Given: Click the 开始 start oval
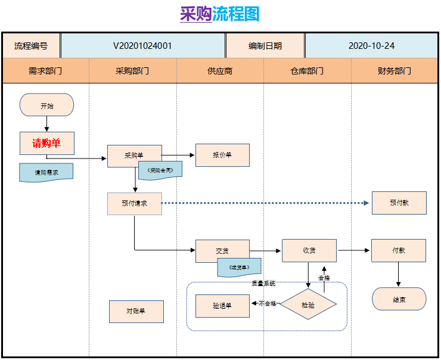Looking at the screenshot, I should click(x=46, y=105).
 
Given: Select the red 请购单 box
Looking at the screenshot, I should click(x=46, y=143).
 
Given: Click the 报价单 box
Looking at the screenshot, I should click(x=222, y=155).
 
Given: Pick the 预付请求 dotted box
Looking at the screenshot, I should click(x=134, y=203).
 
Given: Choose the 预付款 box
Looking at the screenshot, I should click(x=399, y=203).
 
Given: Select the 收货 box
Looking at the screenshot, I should click(x=309, y=250).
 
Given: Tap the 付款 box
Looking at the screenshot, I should click(x=399, y=250).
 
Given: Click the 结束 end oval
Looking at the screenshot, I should click(x=399, y=299).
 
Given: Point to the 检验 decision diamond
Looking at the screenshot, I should click(x=308, y=305).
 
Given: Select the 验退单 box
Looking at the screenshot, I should click(x=222, y=305).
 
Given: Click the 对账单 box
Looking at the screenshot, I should click(x=136, y=311).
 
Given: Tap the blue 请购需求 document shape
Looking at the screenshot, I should click(x=46, y=172).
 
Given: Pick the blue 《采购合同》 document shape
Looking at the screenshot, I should click(x=160, y=170).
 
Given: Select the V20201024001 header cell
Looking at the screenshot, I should click(x=142, y=45).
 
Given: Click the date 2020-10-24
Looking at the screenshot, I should click(x=371, y=45).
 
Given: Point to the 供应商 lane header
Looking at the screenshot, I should click(x=220, y=71).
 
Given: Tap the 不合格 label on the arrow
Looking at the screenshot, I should click(x=267, y=304).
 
